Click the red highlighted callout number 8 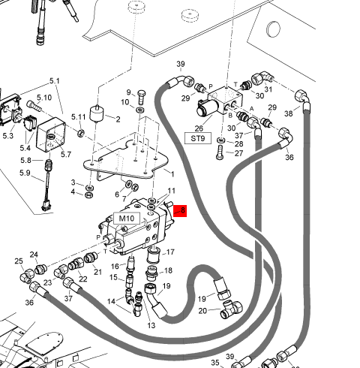point(180,210)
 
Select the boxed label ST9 point(198,138)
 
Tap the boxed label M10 point(127,219)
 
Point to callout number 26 point(199,128)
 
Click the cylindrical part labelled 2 point(97,113)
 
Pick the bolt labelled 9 point(142,97)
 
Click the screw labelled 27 point(220,152)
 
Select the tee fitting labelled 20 point(232,309)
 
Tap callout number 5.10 point(44,98)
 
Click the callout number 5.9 point(25,173)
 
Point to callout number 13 point(151,325)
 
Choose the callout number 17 point(170,252)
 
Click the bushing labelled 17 point(154,254)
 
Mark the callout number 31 point(268,89)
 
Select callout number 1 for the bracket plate point(172,173)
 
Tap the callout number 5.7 point(66,154)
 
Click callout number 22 point(82,279)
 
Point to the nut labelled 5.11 point(81,133)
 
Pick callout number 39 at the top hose point(181,64)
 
